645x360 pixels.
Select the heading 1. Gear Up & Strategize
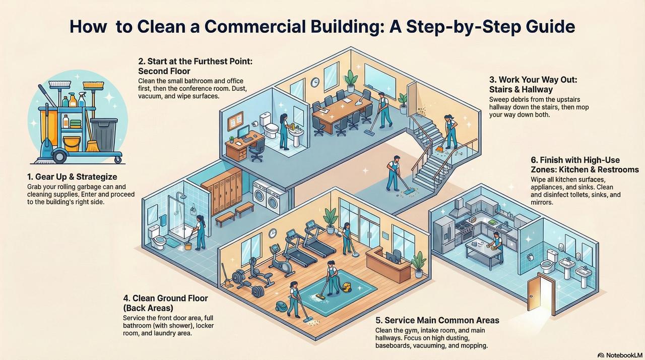72,177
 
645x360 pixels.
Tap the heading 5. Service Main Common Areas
437,320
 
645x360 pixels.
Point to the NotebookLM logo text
620,355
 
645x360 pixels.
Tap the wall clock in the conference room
315,82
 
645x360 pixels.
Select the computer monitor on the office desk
243,132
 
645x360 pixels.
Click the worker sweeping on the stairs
449,132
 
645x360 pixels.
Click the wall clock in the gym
272,233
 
